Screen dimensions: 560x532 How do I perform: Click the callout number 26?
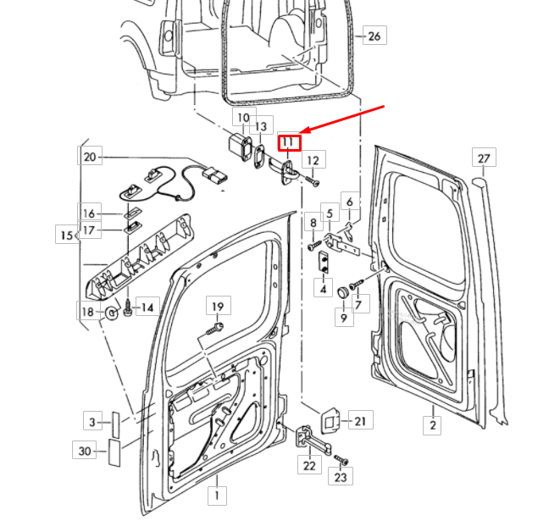point(374,36)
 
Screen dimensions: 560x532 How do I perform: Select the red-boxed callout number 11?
point(290,143)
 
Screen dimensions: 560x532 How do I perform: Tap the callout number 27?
point(484,158)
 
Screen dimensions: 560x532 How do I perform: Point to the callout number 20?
point(90,157)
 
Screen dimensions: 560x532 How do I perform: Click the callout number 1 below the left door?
point(217,496)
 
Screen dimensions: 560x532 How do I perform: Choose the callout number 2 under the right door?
point(433,425)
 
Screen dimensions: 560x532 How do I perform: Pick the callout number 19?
point(218,307)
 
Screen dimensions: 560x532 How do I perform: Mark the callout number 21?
point(360,421)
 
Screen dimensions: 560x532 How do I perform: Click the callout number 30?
point(85,451)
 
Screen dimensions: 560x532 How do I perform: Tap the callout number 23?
point(341,477)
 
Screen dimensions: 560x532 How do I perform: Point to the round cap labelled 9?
point(344,292)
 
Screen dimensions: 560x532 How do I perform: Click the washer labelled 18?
point(112,313)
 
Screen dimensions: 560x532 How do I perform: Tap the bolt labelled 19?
point(215,330)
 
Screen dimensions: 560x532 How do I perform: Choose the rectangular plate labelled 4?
point(324,262)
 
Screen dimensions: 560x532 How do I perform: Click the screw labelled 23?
point(341,460)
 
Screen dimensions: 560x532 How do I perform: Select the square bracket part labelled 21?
point(330,419)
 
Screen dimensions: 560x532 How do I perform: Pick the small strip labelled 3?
point(116,424)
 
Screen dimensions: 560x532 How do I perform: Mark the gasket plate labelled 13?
point(259,156)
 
